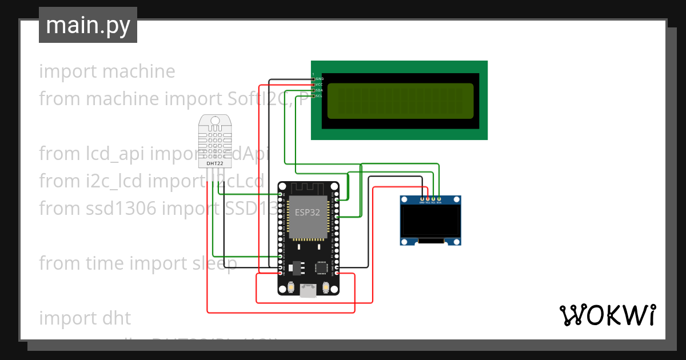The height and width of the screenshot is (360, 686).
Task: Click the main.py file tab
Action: (x=87, y=25)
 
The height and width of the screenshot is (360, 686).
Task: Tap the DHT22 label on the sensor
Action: (x=215, y=163)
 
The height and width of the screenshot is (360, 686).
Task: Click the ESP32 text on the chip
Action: (x=308, y=211)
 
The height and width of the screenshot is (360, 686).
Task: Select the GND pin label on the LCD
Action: (x=320, y=79)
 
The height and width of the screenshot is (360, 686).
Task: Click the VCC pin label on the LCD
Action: (x=320, y=85)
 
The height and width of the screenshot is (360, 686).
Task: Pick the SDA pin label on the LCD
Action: (x=320, y=90)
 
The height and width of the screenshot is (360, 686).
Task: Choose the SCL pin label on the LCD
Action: (x=320, y=96)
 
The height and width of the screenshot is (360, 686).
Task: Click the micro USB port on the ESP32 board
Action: (x=308, y=291)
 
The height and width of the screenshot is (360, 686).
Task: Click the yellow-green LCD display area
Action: (x=400, y=100)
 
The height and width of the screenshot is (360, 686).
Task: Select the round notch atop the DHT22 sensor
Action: (x=215, y=121)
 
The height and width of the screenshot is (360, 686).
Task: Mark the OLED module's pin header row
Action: (x=430, y=201)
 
